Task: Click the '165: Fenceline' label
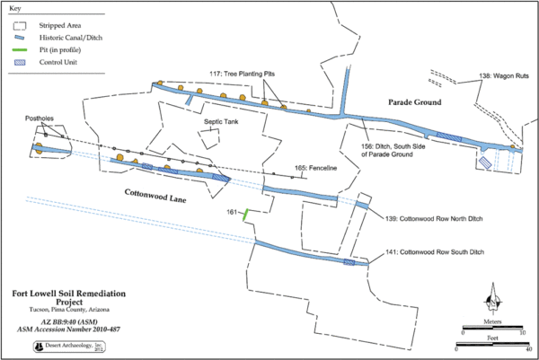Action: pos(314,167)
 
